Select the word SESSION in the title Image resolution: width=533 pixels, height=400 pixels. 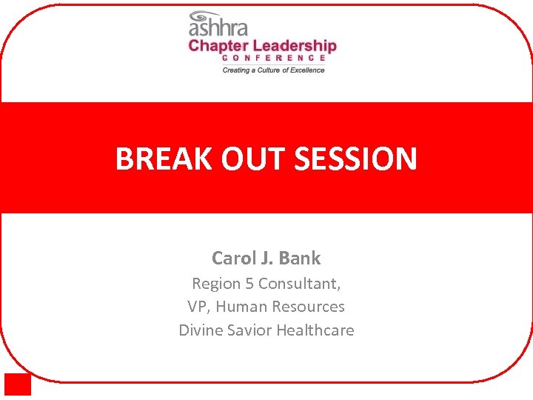click(356, 159)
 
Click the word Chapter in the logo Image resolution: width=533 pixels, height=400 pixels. click(218, 46)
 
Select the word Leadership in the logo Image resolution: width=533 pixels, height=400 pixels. click(294, 46)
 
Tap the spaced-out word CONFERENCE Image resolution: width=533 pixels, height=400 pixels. click(274, 58)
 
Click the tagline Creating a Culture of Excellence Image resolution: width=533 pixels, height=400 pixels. click(274, 70)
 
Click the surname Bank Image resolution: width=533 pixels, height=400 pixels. click(301, 259)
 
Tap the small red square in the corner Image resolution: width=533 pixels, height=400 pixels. click(18, 384)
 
